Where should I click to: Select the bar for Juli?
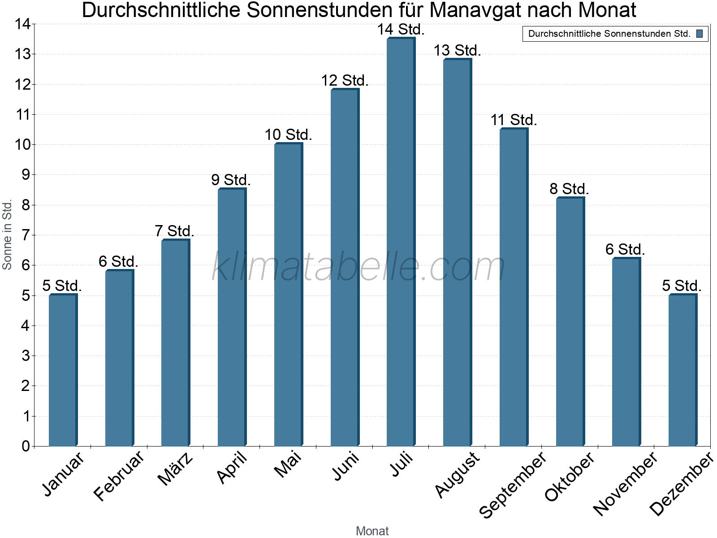pos(400,242)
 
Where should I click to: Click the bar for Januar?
pos(62,370)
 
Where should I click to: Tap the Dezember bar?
pos(682,370)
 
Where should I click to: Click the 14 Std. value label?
pos(401,30)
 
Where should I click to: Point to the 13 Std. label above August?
pos(457,51)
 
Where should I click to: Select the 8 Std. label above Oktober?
pos(569,189)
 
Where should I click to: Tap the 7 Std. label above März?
pos(174,231)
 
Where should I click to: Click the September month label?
pos(513,484)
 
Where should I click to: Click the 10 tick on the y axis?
pos(23,144)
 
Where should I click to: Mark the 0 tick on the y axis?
pos(26,446)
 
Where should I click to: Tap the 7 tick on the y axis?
pos(26,235)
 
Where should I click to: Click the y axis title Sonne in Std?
pos(7,235)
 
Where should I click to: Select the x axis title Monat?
pos(372,531)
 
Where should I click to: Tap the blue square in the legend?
pos(700,34)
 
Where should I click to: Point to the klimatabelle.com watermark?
pos(358,267)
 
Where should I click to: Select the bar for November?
pos(626,352)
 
